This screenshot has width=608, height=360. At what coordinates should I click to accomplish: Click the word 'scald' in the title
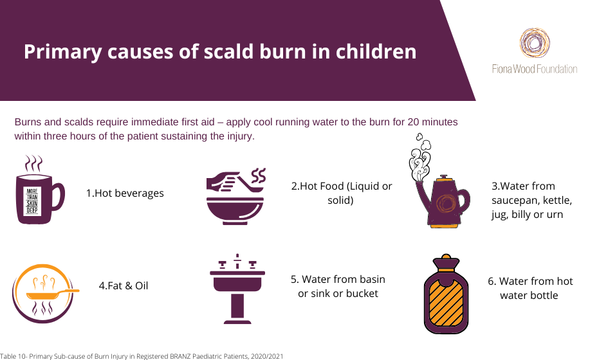(x=228, y=51)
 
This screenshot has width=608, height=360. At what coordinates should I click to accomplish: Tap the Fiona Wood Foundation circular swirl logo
(x=535, y=42)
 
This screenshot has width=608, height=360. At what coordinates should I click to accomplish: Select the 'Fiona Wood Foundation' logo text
(x=535, y=69)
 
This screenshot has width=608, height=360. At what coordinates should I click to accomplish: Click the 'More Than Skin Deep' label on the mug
(x=32, y=201)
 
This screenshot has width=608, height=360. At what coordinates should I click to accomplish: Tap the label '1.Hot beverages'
(x=125, y=193)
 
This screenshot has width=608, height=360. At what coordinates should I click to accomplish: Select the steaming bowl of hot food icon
(x=235, y=197)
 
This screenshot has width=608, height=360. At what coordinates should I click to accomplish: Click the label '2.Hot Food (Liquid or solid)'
(x=341, y=193)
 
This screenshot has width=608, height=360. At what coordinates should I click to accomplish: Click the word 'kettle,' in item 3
(x=557, y=201)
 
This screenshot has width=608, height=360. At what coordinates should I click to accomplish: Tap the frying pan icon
(x=45, y=293)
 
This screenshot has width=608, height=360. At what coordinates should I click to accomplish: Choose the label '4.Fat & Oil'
(x=124, y=285)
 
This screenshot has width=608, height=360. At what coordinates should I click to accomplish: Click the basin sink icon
(x=237, y=289)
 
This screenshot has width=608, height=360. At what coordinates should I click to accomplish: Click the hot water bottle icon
(x=447, y=294)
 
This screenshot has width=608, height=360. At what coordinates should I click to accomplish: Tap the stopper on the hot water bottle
(x=446, y=261)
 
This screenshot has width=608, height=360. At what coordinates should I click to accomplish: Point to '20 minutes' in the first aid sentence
(x=432, y=122)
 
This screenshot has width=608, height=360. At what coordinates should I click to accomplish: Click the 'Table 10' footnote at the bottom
(x=142, y=356)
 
